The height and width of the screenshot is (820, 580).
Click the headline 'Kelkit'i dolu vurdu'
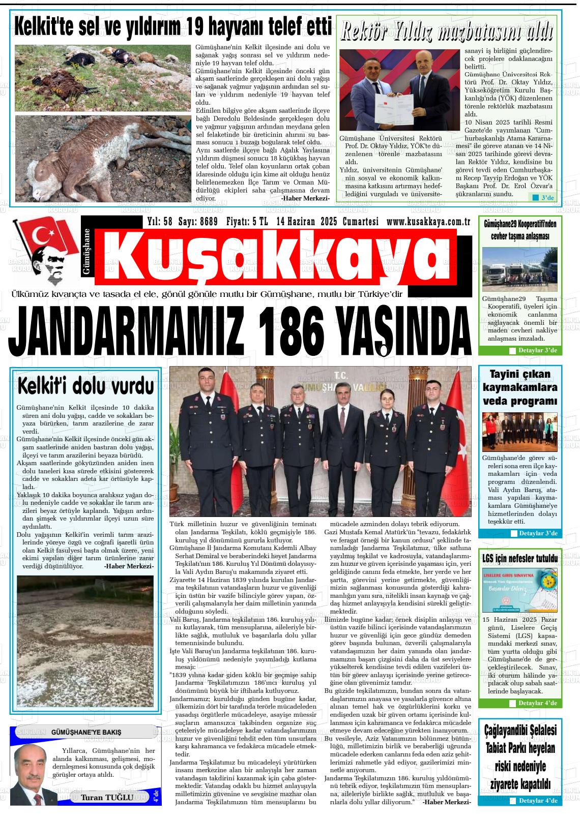pos(85,385)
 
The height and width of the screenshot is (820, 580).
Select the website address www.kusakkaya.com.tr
pos(428,222)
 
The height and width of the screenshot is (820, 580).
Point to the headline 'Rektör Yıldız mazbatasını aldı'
pos(446,32)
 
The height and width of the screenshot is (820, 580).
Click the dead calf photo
pos(102,158)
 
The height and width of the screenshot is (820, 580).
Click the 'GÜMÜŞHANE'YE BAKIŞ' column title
pos(86,732)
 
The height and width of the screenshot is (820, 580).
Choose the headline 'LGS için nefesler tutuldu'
pos(520,559)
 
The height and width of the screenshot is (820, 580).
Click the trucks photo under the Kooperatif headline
pos(519,269)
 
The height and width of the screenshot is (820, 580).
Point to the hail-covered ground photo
pos(85,641)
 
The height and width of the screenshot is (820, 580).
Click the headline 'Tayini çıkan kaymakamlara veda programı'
pos(520,387)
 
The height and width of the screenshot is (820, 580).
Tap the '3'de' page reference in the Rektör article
pos(543,197)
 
